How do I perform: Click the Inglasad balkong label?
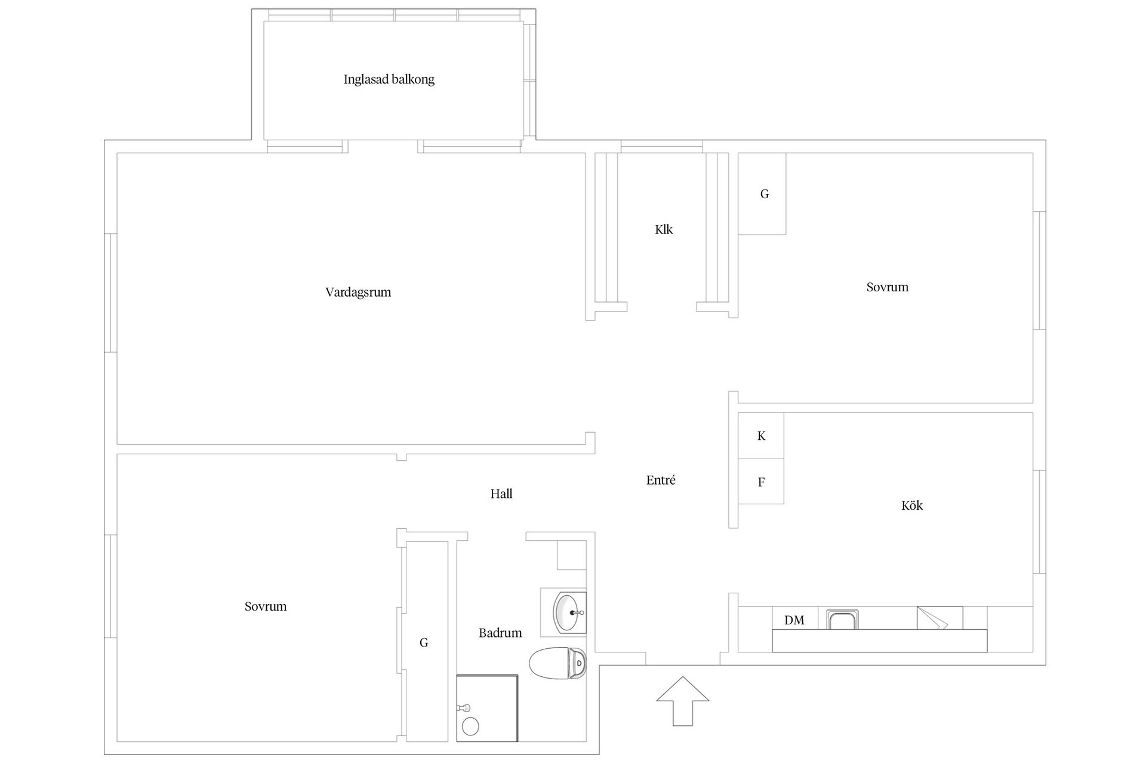(389, 79)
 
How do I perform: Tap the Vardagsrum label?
(358, 292)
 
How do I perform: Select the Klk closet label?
(664, 230)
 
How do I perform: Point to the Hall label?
(501, 494)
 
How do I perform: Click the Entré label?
(661, 480)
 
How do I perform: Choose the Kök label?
(912, 506)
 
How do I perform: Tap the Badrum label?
(500, 633)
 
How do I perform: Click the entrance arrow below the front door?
(683, 701)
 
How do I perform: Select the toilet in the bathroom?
(557, 663)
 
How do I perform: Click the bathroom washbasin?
(570, 612)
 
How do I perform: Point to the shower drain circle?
(471, 726)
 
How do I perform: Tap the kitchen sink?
(842, 620)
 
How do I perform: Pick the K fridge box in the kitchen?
(761, 436)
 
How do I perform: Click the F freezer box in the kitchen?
(761, 482)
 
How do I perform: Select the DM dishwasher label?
(794, 621)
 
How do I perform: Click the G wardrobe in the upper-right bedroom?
(762, 194)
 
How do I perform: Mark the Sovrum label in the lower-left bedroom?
(266, 606)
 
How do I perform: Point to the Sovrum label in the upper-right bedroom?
(888, 287)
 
